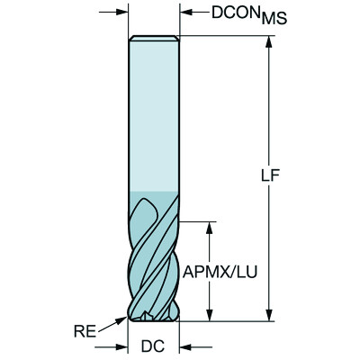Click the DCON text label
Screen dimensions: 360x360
point(211,13)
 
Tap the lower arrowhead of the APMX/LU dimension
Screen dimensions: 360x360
point(210,314)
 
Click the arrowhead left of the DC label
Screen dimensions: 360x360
point(121,346)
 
